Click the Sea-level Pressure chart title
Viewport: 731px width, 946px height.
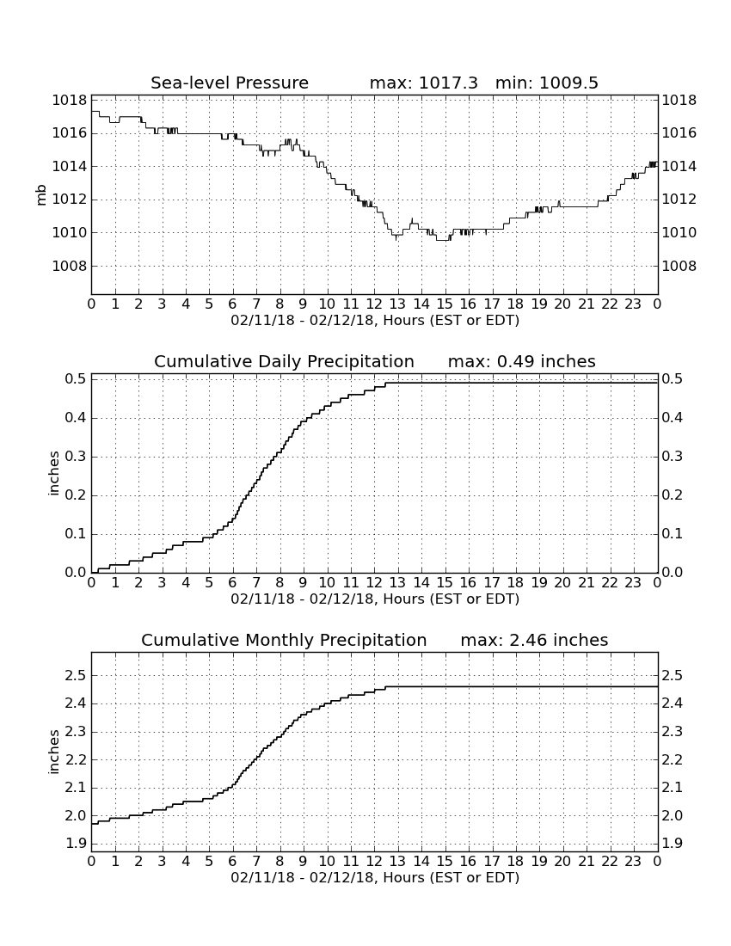tap(230, 83)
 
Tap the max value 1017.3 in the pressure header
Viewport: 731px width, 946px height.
tap(447, 83)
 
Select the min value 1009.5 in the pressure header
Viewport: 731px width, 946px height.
tap(568, 83)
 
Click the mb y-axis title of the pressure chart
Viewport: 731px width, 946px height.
tap(41, 195)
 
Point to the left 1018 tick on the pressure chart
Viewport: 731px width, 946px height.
tap(70, 100)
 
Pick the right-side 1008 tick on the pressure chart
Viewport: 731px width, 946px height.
tap(679, 266)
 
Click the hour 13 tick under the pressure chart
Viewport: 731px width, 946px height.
tap(397, 304)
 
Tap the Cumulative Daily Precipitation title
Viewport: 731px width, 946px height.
tap(284, 361)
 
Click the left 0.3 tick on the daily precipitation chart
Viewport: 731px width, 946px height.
tap(76, 457)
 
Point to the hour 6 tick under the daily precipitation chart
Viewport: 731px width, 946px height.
tap(233, 583)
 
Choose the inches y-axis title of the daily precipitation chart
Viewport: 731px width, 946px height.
tap(53, 474)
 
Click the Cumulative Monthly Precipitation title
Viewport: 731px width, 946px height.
tap(284, 640)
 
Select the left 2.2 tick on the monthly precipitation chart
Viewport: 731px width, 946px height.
tap(76, 760)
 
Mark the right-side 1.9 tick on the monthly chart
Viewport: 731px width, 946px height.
tap(673, 844)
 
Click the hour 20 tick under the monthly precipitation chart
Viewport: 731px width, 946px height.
tap(562, 862)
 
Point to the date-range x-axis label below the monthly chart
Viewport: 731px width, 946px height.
tap(375, 877)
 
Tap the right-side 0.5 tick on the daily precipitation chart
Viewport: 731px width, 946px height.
tap(673, 379)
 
